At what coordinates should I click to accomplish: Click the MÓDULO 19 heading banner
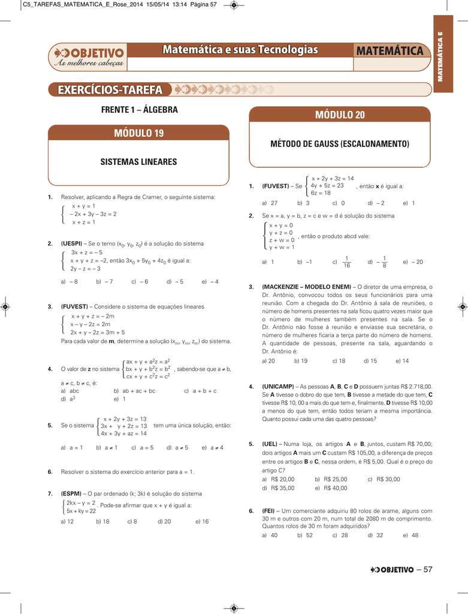click(138, 133)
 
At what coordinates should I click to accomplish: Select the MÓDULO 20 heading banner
click(339, 115)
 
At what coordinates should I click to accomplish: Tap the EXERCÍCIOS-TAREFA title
click(110, 90)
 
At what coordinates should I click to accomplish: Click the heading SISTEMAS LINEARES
click(138, 162)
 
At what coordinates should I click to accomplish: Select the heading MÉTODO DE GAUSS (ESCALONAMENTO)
click(339, 144)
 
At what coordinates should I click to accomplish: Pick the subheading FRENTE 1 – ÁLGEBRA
click(139, 110)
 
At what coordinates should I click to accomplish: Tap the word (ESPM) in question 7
click(73, 493)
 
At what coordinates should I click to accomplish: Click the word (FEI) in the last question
click(270, 510)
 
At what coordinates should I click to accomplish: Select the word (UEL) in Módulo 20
click(270, 444)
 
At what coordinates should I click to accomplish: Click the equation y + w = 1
click(282, 247)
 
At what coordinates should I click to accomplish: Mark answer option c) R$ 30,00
click(383, 479)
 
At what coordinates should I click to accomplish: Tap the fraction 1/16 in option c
click(347, 262)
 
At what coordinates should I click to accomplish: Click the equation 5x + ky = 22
click(81, 511)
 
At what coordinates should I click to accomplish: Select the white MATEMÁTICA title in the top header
click(389, 51)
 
